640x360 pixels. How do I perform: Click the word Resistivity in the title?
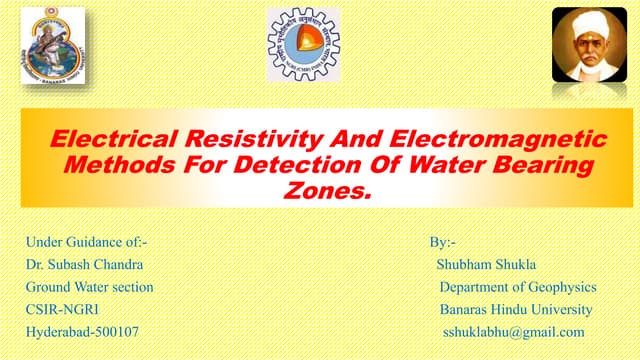click(x=213, y=138)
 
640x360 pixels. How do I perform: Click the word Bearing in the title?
click(x=537, y=162)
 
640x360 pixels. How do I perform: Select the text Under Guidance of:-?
click(x=89, y=242)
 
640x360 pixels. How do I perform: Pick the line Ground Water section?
click(x=90, y=287)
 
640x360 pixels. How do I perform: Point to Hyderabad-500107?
click(x=83, y=331)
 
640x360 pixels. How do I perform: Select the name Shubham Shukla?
click(x=487, y=264)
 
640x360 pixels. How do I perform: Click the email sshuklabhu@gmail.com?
click(x=513, y=331)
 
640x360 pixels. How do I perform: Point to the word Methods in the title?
click(x=115, y=162)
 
